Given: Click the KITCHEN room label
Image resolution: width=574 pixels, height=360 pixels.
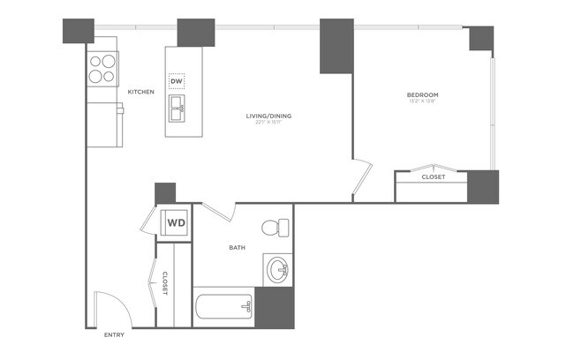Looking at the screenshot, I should (x=141, y=92).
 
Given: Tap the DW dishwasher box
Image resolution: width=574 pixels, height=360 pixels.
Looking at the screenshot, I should (x=177, y=81).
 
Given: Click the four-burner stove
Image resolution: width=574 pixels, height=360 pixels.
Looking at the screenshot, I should (x=103, y=69).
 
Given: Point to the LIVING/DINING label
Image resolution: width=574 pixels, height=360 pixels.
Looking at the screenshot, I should (x=268, y=115).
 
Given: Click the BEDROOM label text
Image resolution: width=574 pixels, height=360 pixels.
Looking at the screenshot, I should (x=422, y=94).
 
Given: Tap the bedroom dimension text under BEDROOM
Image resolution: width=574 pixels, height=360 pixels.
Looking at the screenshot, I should (x=422, y=102).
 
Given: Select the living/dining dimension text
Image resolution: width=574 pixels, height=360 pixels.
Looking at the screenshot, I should (x=268, y=124).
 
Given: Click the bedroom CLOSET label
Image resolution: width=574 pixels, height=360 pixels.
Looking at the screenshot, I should (x=433, y=177).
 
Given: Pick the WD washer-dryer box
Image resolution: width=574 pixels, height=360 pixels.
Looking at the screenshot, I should (x=177, y=222).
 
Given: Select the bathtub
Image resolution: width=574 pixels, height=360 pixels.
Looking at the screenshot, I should (x=223, y=309).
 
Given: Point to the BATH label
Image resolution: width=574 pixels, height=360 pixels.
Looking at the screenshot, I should (x=237, y=248).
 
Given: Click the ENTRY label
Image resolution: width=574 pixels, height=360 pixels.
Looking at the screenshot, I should (x=115, y=335).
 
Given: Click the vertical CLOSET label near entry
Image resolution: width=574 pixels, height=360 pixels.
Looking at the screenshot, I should (x=165, y=281).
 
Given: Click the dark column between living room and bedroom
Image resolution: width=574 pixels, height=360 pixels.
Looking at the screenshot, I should (x=336, y=45).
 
